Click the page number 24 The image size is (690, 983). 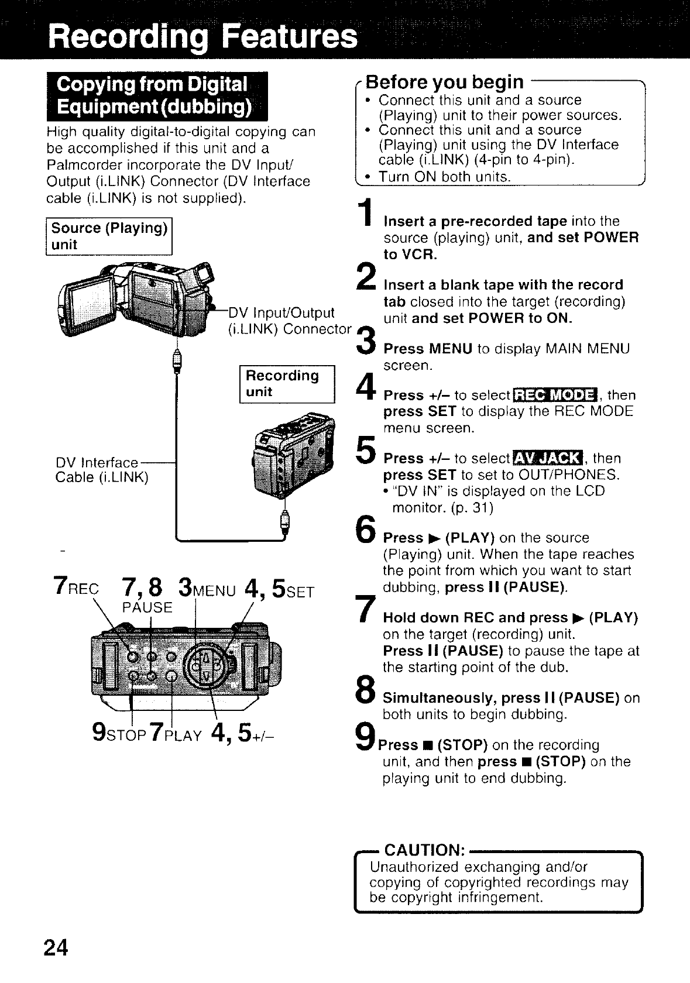(56, 947)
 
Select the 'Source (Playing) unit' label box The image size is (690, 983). (109, 236)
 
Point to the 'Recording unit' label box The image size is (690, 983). (287, 384)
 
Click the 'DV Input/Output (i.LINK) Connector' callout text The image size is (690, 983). (289, 321)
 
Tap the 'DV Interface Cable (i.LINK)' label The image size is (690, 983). (102, 470)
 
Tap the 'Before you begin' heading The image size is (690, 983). (445, 81)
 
